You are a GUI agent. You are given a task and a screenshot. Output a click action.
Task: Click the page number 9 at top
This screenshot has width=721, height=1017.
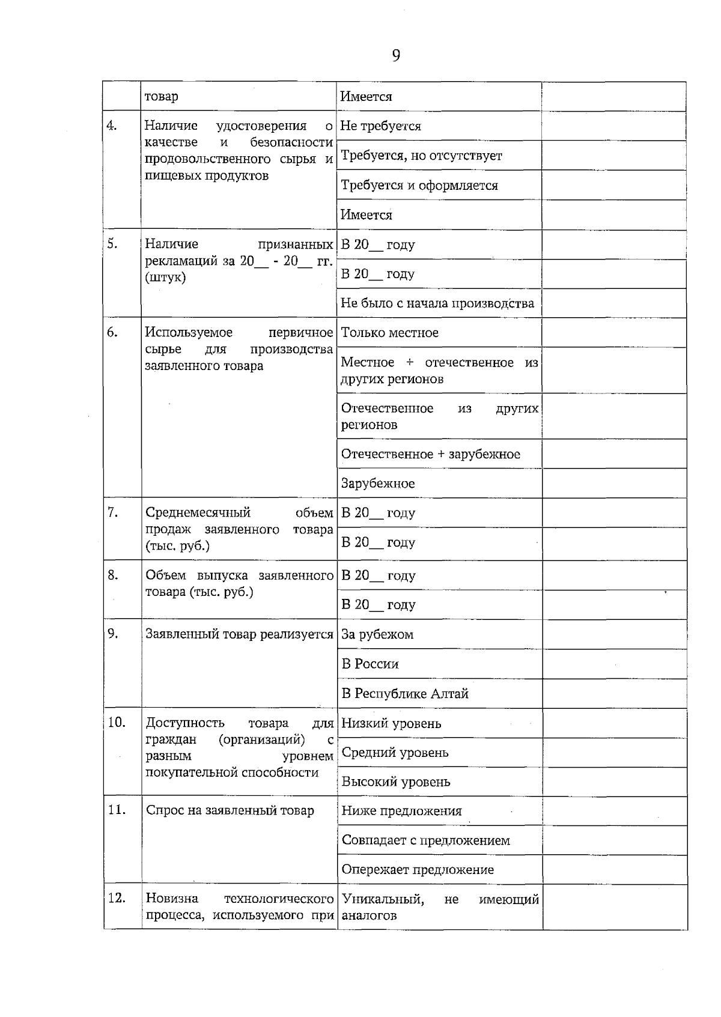pos(396,56)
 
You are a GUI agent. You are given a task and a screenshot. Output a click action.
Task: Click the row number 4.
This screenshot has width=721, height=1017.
pos(112,126)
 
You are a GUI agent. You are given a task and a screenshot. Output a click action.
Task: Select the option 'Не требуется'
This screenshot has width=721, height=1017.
pos(381,126)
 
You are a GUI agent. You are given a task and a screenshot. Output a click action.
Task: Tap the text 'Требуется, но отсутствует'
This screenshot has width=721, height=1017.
pos(421,156)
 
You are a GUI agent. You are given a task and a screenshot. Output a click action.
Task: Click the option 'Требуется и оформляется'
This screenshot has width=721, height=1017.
pos(419,185)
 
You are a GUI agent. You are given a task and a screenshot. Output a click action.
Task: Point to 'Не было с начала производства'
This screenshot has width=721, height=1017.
pos(437,303)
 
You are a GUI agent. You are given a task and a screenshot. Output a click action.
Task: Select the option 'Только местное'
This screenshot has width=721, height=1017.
pos(390,333)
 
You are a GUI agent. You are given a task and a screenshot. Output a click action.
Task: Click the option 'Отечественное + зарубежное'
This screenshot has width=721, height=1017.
pos(430,454)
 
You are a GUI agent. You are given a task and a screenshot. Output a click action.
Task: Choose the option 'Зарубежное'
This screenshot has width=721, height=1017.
pos(378,484)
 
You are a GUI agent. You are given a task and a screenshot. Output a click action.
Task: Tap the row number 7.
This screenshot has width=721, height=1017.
pos(112,512)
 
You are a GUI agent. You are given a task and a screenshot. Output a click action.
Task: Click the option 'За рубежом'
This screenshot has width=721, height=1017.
pos(377,634)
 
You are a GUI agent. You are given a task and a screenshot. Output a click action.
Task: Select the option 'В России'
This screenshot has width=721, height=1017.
pos(370,664)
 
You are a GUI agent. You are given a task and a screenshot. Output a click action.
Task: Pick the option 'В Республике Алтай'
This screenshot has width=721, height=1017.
pos(405,694)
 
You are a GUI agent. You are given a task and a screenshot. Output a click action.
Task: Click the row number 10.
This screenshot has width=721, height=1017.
pos(116,722)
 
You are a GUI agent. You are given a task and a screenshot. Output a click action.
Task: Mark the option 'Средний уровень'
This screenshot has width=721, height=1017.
pos(395,753)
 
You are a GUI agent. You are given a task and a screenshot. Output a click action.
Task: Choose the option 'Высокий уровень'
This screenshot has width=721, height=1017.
pos(395,782)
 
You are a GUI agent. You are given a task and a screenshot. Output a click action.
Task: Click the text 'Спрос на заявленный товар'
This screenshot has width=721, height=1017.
pos(230,811)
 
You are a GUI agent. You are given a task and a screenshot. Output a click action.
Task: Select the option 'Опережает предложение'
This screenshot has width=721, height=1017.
pos(418,870)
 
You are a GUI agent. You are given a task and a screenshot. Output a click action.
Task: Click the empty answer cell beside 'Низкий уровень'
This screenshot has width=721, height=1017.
pos(614,723)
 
